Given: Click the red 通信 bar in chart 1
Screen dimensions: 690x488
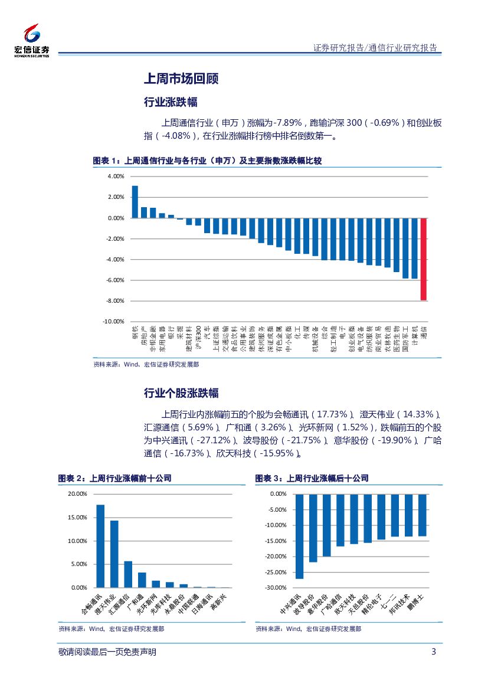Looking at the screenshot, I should pyautogui.click(x=424, y=259).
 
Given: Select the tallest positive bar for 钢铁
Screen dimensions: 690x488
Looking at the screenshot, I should pyautogui.click(x=135, y=202).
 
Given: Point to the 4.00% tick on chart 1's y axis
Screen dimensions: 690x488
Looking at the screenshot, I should pyautogui.click(x=116, y=176).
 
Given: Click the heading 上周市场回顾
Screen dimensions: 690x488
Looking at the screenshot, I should pyautogui.click(x=181, y=79).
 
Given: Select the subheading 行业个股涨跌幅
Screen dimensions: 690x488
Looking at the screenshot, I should pyautogui.click(x=181, y=393).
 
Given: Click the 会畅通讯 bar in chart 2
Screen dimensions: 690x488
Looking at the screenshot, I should pyautogui.click(x=100, y=546).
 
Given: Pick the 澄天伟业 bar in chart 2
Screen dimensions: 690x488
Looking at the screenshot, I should pyautogui.click(x=114, y=554).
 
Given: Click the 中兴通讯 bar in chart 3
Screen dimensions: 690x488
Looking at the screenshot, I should pyautogui.click(x=299, y=536).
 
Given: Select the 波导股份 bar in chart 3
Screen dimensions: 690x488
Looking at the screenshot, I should pyautogui.click(x=313, y=528).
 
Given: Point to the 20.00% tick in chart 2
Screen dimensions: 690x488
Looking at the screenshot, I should pyautogui.click(x=77, y=493).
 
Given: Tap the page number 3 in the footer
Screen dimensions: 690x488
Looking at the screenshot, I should pyautogui.click(x=434, y=652).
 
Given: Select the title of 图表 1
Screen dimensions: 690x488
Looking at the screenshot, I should pyautogui.click(x=207, y=161).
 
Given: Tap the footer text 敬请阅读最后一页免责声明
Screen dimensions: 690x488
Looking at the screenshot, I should pyautogui.click(x=108, y=652).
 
